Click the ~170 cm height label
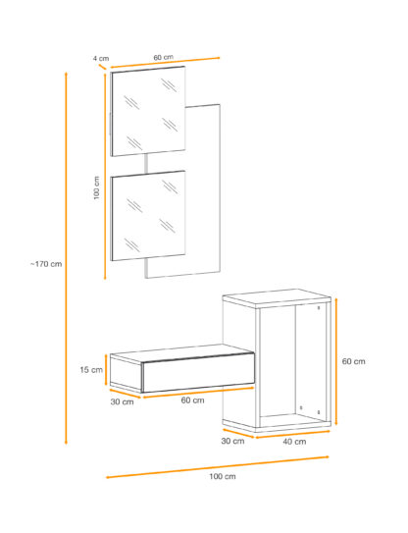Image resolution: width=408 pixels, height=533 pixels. pos(46,264)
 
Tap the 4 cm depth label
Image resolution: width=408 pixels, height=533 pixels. pos(101,59)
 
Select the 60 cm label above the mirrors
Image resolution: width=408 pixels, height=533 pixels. pos(164,57)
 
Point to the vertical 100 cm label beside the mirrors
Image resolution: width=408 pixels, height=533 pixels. pos(97,187)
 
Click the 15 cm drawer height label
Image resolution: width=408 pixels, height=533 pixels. pos(91,369)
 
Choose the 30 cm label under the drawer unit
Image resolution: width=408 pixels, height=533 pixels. pos(122,401)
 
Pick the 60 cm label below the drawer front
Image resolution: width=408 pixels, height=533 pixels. pos(192,400)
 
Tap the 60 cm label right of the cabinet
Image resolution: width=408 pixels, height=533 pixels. pos(354,361)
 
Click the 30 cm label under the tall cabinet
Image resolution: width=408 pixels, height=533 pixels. pos(232,441)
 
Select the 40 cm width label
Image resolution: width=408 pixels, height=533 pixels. pos(294,442)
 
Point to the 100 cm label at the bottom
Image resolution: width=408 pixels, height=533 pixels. pos(223,476)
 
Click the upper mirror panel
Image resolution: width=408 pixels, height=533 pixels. pos(148,111)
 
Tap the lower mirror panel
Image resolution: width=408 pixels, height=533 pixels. pos(148,216)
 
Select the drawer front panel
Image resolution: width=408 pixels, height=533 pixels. pos(198,373)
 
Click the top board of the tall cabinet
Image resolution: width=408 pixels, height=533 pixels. pos(277,298)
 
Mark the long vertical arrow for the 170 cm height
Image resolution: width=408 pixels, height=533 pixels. pos(66,258)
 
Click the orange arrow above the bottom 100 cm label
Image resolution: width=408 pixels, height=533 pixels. pos(218,467)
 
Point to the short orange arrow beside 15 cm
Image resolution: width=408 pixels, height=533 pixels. pos(106,370)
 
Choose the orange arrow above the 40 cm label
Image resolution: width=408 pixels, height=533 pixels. pos(292,435)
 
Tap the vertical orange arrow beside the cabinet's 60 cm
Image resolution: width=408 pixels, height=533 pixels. pos(336,361)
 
